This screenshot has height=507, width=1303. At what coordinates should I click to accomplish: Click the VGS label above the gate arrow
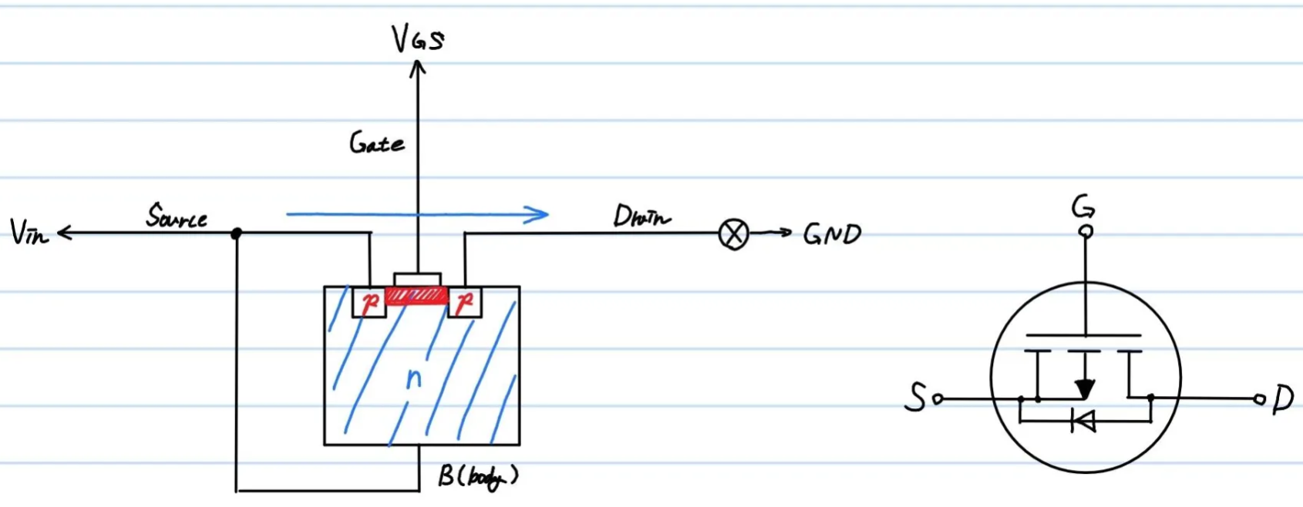(418, 38)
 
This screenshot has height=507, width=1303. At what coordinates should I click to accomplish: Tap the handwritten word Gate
(376, 143)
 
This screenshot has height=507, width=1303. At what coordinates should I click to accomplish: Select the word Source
(177, 216)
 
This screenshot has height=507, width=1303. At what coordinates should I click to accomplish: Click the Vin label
(29, 231)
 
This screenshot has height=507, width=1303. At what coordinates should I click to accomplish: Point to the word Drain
(641, 217)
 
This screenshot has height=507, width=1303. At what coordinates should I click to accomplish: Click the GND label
(832, 233)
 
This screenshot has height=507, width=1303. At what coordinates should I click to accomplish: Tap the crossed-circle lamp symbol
(733, 233)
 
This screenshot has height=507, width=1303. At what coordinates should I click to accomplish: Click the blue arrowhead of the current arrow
(538, 214)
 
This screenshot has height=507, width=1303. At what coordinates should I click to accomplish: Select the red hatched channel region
(416, 295)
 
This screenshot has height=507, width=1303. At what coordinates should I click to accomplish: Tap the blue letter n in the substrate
(414, 378)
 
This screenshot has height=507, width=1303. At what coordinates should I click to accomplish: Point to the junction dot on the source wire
(237, 233)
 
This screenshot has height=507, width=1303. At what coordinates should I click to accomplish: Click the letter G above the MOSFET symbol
(1083, 207)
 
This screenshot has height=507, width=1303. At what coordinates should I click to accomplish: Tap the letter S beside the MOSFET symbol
(915, 398)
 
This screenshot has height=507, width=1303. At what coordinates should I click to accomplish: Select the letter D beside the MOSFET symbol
(1283, 399)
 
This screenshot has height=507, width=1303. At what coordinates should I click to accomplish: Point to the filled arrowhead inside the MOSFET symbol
(1085, 388)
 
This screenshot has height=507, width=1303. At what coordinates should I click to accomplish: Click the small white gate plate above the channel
(417, 279)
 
